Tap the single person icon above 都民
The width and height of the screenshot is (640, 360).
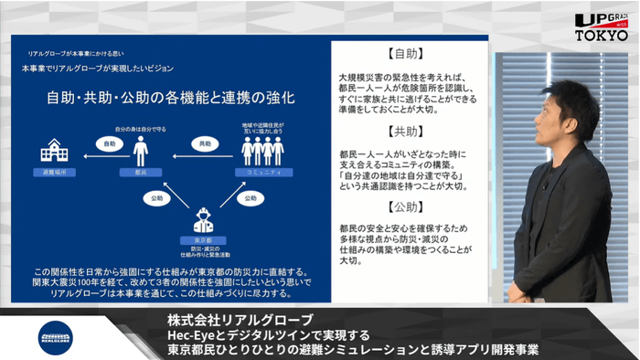click(141, 151)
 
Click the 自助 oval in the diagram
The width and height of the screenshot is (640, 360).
click(109, 143)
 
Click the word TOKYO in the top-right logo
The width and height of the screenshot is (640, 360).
click(601, 35)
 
